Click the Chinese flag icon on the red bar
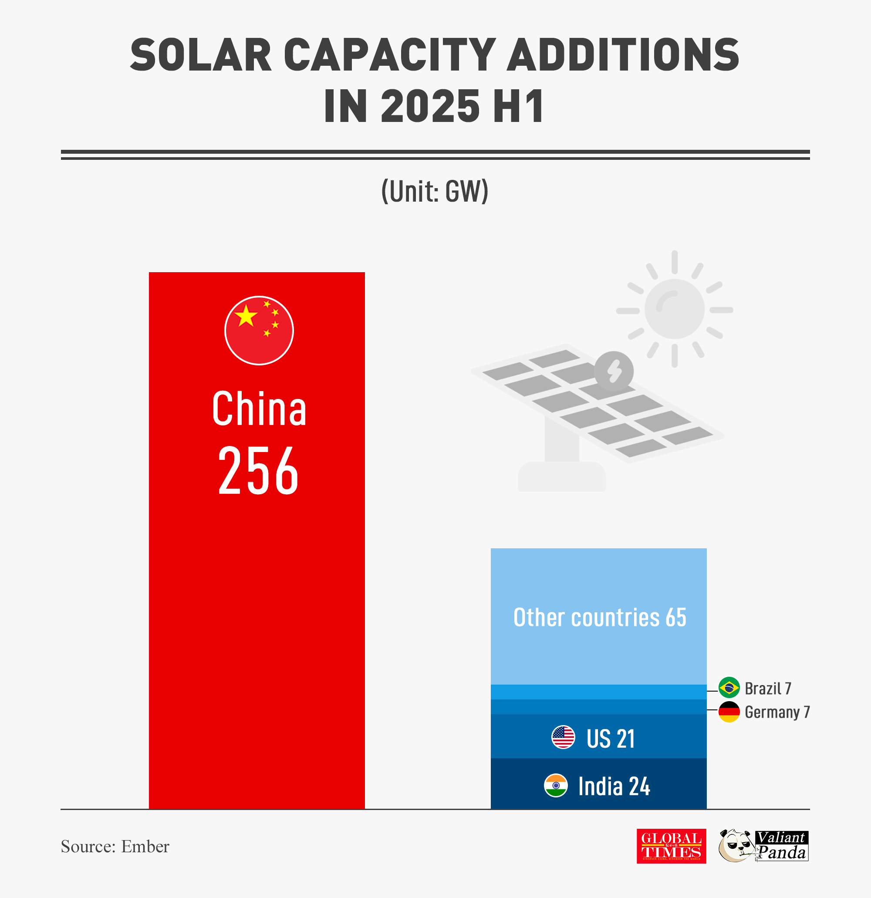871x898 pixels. [259, 331]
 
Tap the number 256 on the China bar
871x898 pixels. [258, 470]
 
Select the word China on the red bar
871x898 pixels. [259, 408]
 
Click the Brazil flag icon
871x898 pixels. [729, 687]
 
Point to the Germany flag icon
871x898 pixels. [729, 712]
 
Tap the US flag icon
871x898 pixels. [563, 737]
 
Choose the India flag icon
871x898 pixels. [555, 785]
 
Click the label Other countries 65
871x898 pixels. [599, 617]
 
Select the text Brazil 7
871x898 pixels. [768, 688]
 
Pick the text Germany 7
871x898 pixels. [777, 712]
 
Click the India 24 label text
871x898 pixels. [614, 786]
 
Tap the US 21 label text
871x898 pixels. [611, 739]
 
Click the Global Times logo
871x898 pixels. [671, 846]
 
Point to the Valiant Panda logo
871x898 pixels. [763, 846]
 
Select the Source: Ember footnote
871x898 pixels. [115, 846]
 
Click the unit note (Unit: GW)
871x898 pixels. [435, 191]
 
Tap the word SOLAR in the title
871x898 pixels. [201, 55]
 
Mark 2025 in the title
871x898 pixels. [430, 106]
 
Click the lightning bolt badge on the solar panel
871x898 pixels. [614, 371]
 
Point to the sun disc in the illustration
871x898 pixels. [674, 309]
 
